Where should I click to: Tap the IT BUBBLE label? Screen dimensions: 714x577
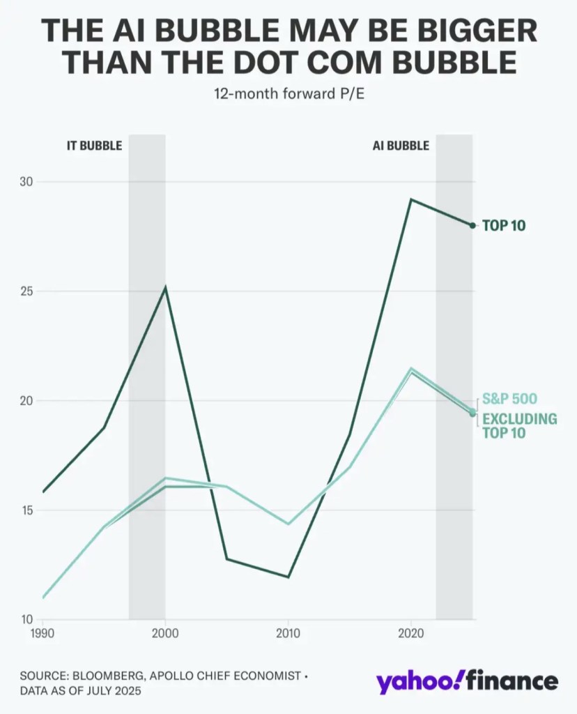(x=94, y=146)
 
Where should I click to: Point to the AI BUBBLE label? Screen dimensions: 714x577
(x=399, y=146)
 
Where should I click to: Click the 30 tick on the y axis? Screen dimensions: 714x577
(x=26, y=182)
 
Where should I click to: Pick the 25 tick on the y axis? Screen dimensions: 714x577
(x=26, y=291)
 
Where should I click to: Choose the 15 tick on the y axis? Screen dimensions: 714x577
(x=26, y=510)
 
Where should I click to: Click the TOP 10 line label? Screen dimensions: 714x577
(x=504, y=226)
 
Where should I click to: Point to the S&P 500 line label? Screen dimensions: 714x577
(x=509, y=400)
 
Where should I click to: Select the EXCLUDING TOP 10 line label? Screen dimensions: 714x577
(x=519, y=426)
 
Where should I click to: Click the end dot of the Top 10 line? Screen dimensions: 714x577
(x=472, y=225)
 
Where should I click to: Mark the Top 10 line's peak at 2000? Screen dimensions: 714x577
(x=165, y=287)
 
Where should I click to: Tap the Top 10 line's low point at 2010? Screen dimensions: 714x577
(x=288, y=577)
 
